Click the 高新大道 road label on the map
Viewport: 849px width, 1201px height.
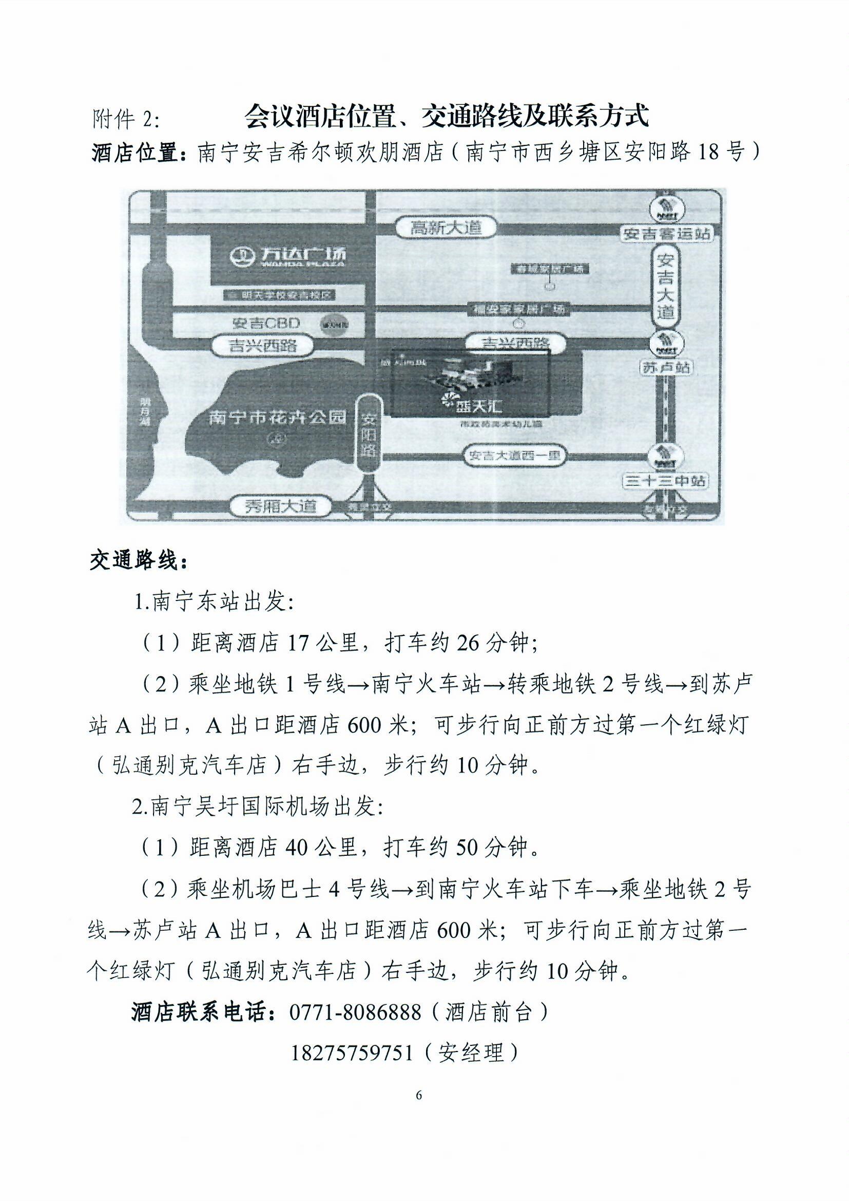point(446,228)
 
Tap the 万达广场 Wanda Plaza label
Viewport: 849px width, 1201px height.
point(288,256)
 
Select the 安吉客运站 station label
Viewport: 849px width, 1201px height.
point(666,233)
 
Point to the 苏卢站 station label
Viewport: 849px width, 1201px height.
point(666,368)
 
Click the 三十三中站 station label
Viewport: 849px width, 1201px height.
point(665,480)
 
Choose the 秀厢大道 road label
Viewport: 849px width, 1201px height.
point(281,506)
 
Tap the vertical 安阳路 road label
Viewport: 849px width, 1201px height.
point(370,434)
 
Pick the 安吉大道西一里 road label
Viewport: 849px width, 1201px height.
point(514,456)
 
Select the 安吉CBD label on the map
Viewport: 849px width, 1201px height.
point(266,323)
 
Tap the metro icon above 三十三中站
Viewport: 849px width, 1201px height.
point(666,455)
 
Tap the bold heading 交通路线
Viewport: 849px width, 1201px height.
point(138,561)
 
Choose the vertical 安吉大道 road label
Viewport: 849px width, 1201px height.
point(666,286)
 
